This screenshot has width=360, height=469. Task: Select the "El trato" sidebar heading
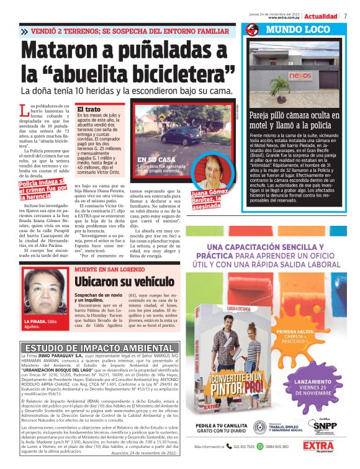[88, 109]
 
